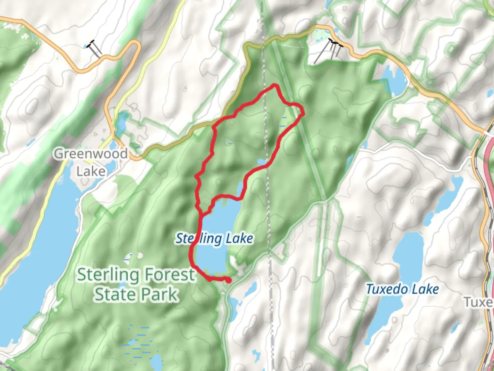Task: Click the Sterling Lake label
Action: point(214,238)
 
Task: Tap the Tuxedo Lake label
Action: point(402,289)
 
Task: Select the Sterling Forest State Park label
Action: point(136,285)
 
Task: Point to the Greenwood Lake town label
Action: point(91,162)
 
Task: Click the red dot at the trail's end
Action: point(228,281)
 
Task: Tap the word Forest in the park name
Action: point(169,275)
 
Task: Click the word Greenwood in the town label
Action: point(91,153)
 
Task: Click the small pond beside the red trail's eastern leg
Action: point(261,161)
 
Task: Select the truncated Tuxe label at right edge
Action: point(479,302)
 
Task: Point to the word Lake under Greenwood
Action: point(91,171)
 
